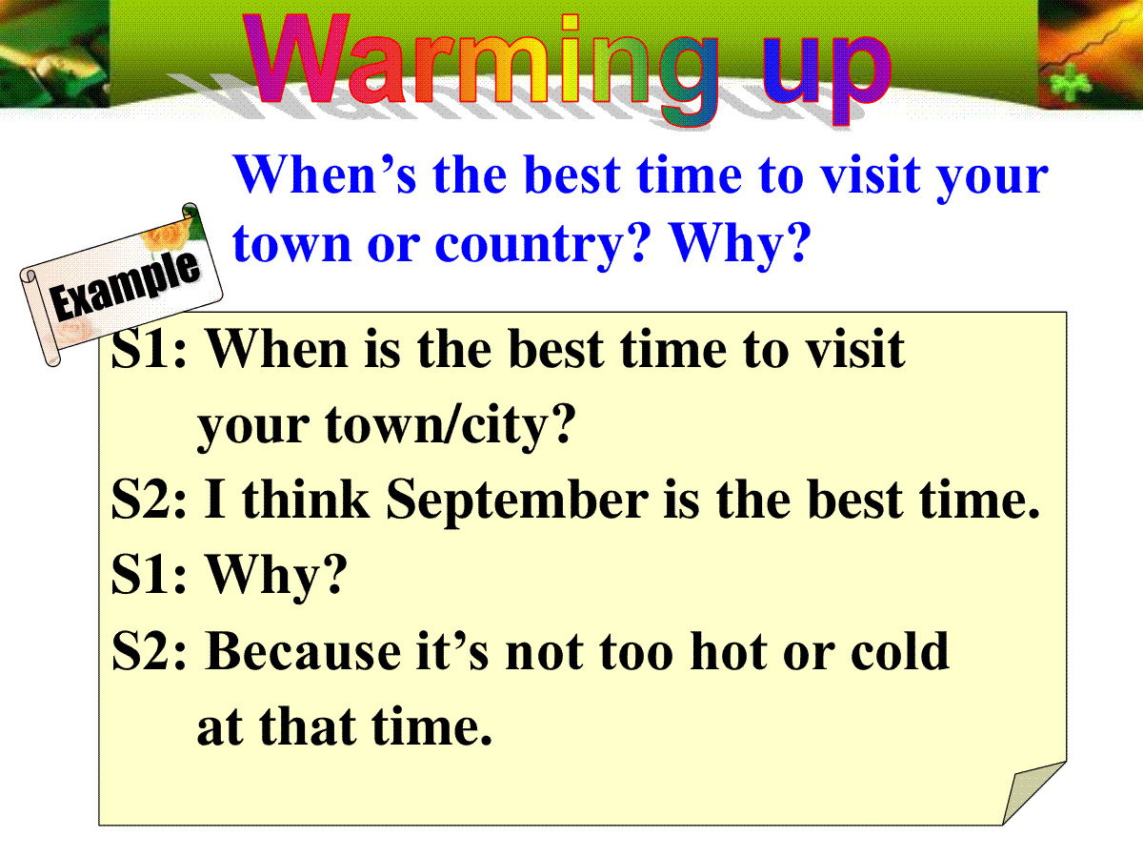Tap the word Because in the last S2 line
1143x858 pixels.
pyautogui.click(x=303, y=651)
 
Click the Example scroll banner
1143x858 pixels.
pyautogui.click(x=121, y=284)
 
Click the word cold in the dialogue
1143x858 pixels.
pyautogui.click(x=900, y=651)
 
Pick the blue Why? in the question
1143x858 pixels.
pyautogui.click(x=739, y=245)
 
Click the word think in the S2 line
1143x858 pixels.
pyautogui.click(x=306, y=499)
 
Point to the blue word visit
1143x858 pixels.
pyautogui.click(x=871, y=174)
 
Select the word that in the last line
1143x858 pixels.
pyautogui.click(x=308, y=727)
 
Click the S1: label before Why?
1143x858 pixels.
pyautogui.click(x=149, y=575)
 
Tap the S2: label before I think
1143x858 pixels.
pyautogui.click(x=149, y=499)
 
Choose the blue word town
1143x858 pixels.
pyautogui.click(x=292, y=244)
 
